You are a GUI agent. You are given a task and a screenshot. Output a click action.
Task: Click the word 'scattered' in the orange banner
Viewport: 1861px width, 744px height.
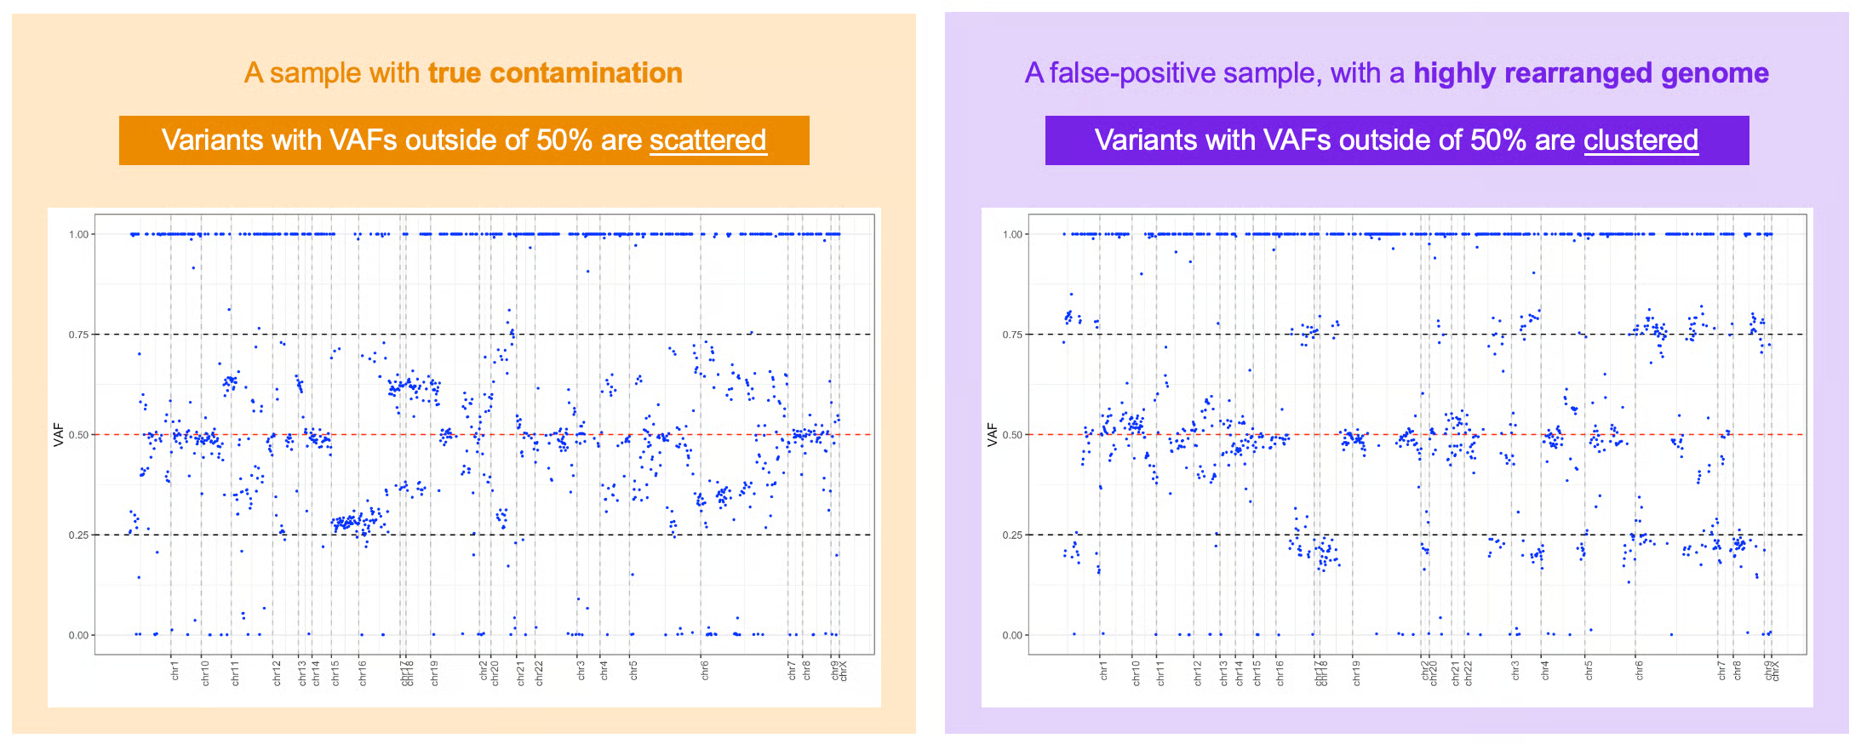pyautogui.click(x=707, y=140)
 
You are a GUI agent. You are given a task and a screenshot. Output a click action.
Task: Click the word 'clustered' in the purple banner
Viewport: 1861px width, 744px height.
pyautogui.click(x=1641, y=140)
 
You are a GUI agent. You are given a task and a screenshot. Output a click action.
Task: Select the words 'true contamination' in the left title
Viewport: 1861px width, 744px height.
pyautogui.click(x=555, y=73)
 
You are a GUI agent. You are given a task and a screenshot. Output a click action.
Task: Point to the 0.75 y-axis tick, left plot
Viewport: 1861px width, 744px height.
pyautogui.click(x=78, y=335)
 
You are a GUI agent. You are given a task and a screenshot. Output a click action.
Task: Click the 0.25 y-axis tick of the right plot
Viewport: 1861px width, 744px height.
pyautogui.click(x=1012, y=535)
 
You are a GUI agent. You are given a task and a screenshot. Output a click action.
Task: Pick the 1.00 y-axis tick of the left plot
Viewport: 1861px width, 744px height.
pyautogui.click(x=78, y=234)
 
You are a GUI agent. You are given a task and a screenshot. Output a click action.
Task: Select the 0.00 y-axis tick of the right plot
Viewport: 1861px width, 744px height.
pyautogui.click(x=1012, y=635)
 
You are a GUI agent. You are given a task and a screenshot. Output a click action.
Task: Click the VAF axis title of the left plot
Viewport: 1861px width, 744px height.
pyautogui.click(x=59, y=435)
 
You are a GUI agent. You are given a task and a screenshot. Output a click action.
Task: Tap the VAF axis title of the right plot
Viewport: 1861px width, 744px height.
pyautogui.click(x=993, y=435)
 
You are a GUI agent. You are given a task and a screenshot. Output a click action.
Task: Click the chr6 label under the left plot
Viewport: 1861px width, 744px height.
pyautogui.click(x=705, y=671)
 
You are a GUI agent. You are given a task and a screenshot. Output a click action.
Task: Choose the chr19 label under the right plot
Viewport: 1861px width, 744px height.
pyautogui.click(x=1356, y=672)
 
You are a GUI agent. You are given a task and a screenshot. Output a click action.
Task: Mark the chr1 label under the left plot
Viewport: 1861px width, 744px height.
pyautogui.click(x=175, y=671)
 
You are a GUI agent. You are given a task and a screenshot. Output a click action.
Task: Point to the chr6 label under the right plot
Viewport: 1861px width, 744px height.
pyautogui.click(x=1639, y=671)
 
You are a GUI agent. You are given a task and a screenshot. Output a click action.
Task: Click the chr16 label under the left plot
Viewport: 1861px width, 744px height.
pyautogui.click(x=363, y=672)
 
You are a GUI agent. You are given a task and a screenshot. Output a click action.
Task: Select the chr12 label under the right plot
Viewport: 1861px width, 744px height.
pyautogui.click(x=1198, y=672)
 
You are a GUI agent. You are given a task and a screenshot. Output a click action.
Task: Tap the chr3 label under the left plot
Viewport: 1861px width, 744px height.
pyautogui.click(x=581, y=671)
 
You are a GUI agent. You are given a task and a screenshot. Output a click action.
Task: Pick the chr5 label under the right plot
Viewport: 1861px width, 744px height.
pyautogui.click(x=1589, y=671)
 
